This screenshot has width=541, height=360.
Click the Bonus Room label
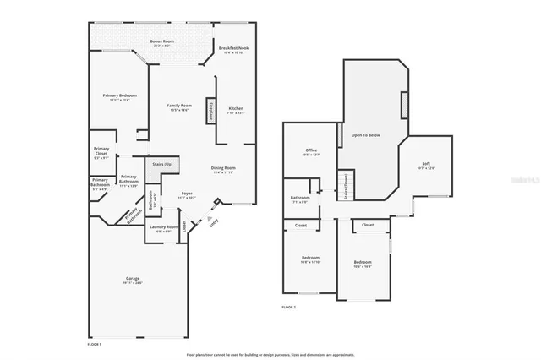[x=161, y=42]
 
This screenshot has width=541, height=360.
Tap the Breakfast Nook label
[x=233, y=50]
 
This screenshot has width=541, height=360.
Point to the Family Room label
[x=179, y=106]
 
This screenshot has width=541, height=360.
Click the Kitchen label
[x=236, y=110]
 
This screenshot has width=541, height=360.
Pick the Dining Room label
[x=223, y=170]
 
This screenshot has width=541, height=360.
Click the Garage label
[x=133, y=280]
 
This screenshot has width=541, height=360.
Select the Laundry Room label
[x=164, y=228]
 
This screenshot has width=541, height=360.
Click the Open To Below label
[x=367, y=134]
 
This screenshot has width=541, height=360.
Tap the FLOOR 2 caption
[x=289, y=308]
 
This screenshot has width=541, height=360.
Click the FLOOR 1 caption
[x=95, y=345]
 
